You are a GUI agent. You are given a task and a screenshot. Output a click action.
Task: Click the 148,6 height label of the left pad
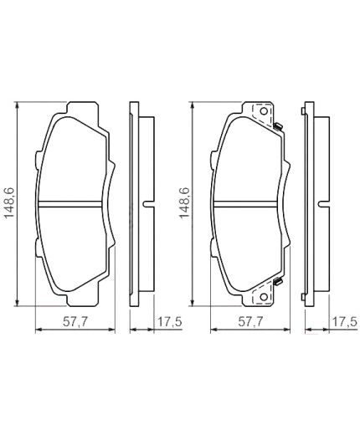tap(10, 202)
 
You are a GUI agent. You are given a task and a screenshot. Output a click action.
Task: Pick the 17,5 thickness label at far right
tap(344, 320)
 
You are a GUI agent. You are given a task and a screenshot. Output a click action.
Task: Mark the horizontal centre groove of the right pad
tap(246, 202)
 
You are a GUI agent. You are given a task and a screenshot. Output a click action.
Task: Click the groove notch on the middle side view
tap(147, 202)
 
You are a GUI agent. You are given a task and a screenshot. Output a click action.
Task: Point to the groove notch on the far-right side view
tap(321, 202)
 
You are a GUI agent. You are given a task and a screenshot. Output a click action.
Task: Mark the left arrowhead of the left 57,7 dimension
tap(36, 330)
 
